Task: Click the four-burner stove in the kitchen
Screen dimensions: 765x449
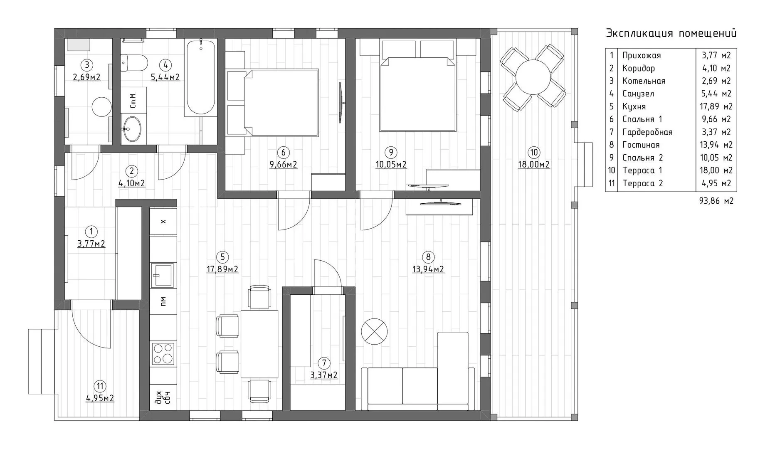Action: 163,353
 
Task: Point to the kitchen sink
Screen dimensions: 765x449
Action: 163,275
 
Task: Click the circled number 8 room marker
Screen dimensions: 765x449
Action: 428,257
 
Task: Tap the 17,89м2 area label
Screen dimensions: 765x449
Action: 222,269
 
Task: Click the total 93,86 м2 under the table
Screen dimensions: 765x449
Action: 716,201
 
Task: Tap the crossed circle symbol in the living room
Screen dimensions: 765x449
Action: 374,332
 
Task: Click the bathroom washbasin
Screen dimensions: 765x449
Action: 132,129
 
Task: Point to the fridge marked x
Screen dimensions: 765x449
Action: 163,222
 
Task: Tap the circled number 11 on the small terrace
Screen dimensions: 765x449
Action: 100,386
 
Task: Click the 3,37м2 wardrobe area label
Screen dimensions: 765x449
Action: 324,375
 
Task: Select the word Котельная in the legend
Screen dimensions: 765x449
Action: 644,81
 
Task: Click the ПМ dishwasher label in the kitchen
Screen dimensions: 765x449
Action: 163,301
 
